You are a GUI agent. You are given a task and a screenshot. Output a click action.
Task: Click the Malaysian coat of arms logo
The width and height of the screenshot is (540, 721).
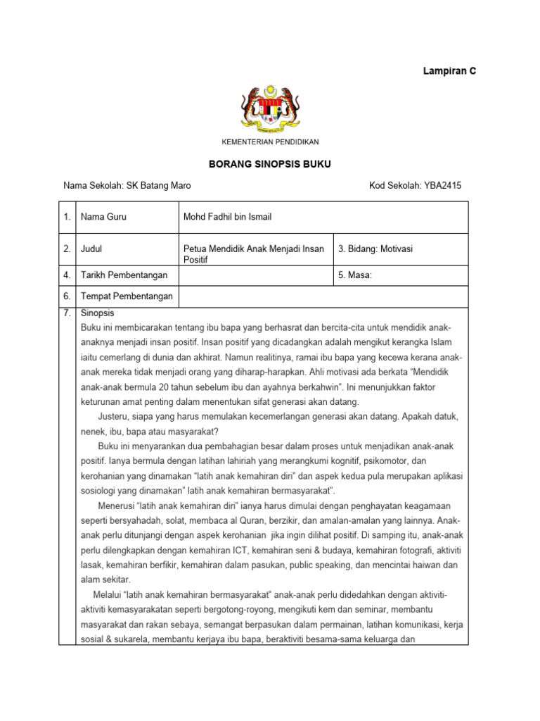click(x=271, y=109)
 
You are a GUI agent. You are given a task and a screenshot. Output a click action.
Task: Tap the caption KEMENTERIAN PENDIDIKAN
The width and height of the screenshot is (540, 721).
click(x=271, y=142)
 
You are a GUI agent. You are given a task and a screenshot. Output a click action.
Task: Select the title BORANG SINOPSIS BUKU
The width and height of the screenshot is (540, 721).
click(x=270, y=164)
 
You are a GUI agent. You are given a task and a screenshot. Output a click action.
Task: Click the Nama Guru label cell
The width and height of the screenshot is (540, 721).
click(x=104, y=217)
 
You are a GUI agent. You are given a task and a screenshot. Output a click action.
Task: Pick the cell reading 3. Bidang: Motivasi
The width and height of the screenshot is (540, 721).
click(x=373, y=249)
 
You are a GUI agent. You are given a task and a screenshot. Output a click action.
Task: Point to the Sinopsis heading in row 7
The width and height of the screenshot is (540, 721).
click(x=98, y=313)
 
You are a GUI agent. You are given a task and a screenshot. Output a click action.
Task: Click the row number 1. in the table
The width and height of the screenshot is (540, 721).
click(x=67, y=217)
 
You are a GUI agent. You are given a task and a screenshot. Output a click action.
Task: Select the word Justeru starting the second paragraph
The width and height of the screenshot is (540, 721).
click(x=114, y=416)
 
